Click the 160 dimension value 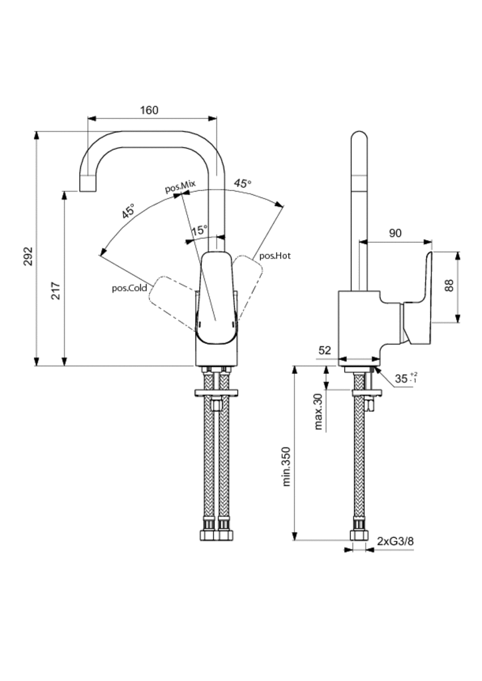pos(150,110)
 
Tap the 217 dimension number pos(56,291)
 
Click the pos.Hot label pos(275,255)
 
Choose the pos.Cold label pos(129,288)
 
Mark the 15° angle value pos(199,231)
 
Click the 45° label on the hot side pos(242,184)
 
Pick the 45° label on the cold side pos(128,211)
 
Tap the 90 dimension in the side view pos(395,233)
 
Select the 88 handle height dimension pos(449,286)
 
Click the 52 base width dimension pos(325,350)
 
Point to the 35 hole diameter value pos(401,378)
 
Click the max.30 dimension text pos(318,411)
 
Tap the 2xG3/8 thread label pos(395,541)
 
